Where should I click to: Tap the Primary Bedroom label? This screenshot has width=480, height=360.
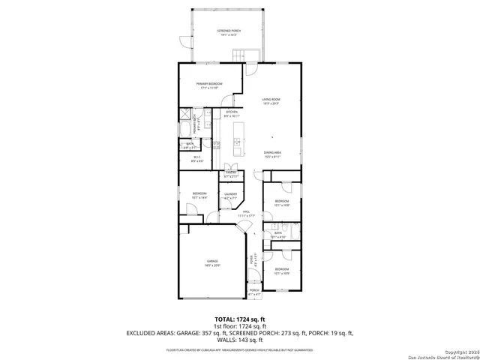207,86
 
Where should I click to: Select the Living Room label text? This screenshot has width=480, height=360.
271,101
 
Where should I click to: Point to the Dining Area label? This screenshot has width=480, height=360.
271,155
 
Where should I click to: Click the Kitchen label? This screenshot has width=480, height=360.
231,114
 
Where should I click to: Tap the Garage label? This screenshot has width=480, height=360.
212,263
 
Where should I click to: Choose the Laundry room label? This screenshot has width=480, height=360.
230,196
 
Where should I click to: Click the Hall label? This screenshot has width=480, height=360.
246,214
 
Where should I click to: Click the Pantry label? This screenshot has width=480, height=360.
231,174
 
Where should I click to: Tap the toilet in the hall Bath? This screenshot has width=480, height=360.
275,226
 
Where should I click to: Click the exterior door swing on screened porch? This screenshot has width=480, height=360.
183,40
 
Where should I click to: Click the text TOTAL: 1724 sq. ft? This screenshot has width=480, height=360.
239,319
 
